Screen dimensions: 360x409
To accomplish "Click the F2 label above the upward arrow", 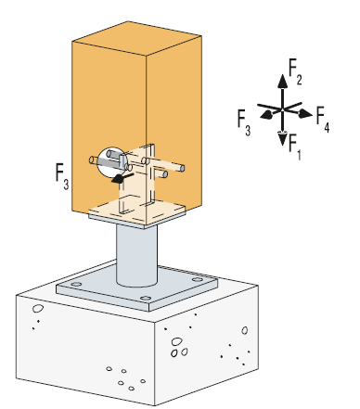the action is coord(295,71).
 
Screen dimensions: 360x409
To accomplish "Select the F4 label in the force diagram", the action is coord(323,120).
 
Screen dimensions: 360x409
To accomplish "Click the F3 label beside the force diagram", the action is coord(244,122).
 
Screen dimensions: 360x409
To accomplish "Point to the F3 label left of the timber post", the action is coord(62,176).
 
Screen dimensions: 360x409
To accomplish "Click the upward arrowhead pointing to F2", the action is coord(282,82).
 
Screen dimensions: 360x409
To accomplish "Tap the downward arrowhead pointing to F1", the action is coord(282,138).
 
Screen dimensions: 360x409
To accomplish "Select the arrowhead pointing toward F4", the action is coord(305,113).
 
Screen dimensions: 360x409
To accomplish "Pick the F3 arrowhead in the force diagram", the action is coord(266,115).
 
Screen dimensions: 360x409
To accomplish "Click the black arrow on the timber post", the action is coord(122,178).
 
